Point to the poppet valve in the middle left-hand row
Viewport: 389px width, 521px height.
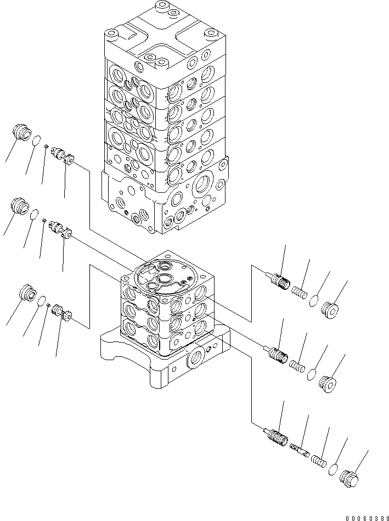pyautogui.click(x=61, y=229)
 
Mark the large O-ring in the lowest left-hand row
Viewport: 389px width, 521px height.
pyautogui.click(x=41, y=300)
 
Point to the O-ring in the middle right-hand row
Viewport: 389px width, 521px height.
pyautogui.click(x=311, y=374)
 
